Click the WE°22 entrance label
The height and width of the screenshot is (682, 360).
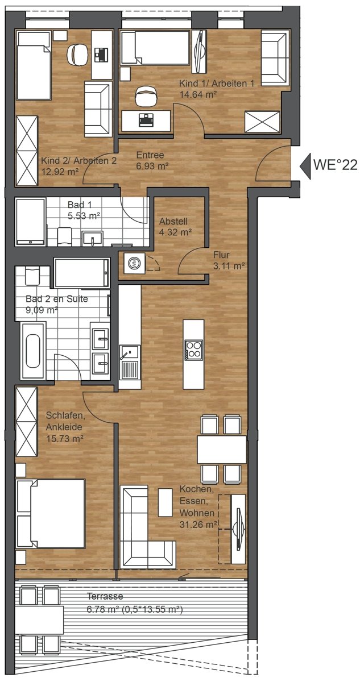point(336,165)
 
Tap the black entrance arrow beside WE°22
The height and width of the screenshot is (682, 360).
point(305,166)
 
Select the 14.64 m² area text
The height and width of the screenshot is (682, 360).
point(198,95)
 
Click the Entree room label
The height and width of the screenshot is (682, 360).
point(150,155)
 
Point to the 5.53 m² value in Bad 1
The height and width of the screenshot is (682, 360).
point(84,216)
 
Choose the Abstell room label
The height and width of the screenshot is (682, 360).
point(173,221)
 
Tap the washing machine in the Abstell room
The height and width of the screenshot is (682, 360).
point(134,263)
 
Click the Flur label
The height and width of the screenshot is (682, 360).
point(221,255)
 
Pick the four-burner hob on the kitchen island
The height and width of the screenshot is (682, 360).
point(194,349)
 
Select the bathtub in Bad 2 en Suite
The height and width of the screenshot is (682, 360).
point(33,351)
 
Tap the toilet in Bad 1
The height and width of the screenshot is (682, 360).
point(64,236)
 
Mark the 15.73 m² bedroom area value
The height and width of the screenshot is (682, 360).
point(65,439)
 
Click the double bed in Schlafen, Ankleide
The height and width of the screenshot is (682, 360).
point(51,514)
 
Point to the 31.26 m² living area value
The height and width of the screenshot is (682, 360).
point(198,525)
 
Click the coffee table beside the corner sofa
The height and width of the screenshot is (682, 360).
point(165,502)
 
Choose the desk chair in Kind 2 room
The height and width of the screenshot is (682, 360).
point(77,54)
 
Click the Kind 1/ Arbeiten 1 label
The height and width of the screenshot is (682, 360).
point(216,83)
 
